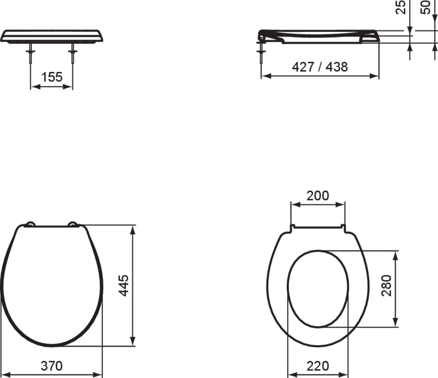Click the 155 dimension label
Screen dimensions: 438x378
tap(52, 77)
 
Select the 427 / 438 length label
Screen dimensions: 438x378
tap(320, 67)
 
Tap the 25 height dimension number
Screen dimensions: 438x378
tap(400, 8)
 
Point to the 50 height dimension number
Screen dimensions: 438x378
tap(425, 8)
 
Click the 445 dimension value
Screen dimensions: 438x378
tap(123, 285)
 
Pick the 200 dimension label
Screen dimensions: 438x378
tap(318, 196)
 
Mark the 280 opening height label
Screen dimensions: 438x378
tap(386, 285)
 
